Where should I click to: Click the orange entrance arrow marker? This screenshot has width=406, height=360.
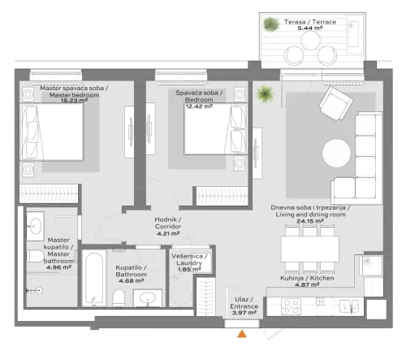click(241, 333)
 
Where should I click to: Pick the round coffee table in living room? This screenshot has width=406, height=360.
click(336, 152)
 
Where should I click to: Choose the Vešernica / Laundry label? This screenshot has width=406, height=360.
click(189, 259)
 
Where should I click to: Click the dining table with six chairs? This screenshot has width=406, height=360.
click(309, 248)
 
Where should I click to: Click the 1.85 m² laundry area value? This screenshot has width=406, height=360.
click(189, 268)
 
